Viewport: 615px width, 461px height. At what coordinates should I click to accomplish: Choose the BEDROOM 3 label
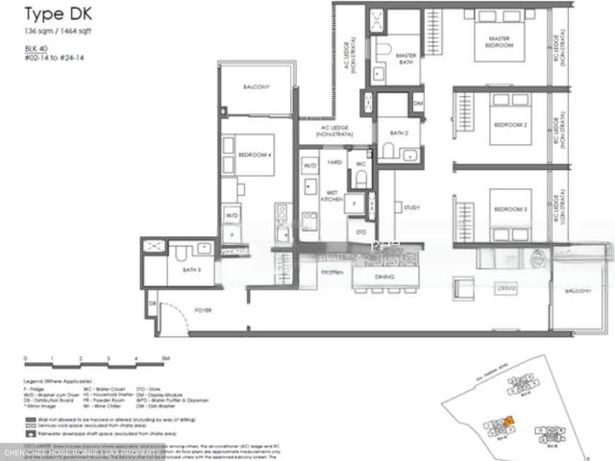(509, 208)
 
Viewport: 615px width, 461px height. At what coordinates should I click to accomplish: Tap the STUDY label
(412, 206)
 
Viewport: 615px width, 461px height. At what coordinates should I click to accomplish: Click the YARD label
(334, 163)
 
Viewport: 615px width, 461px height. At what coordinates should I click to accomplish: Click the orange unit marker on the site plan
(510, 420)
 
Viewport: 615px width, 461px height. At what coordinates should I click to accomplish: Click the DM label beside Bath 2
(418, 102)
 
